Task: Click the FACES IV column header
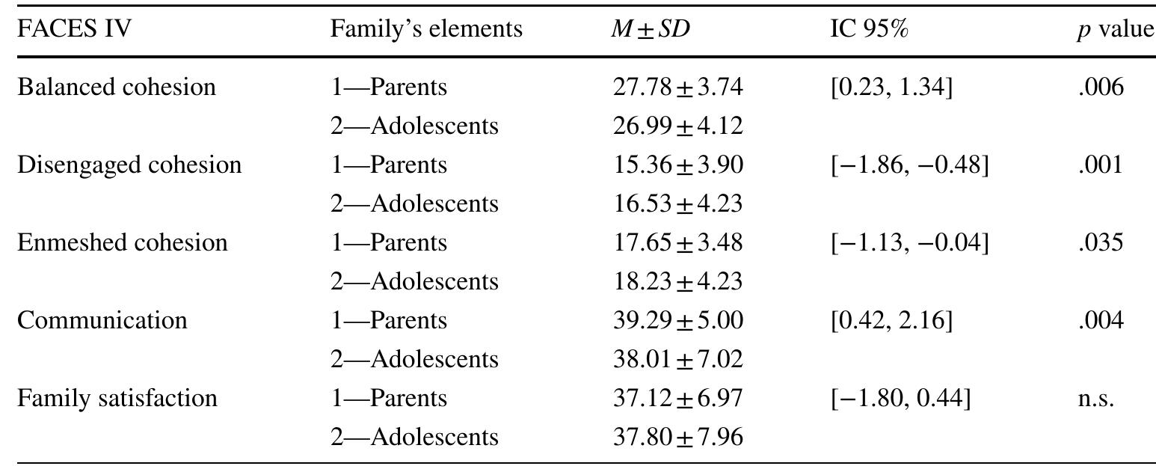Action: (x=75, y=29)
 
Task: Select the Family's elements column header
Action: (x=426, y=29)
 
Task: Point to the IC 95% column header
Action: (x=868, y=29)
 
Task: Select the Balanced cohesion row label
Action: (x=116, y=88)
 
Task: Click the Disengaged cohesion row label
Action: (x=129, y=165)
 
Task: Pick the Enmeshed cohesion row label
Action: (x=123, y=243)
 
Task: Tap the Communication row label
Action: (x=102, y=321)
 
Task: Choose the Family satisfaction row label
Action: (x=117, y=398)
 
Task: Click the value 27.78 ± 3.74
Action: (x=677, y=88)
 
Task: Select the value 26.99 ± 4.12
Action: (x=677, y=126)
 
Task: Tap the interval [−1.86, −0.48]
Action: (x=909, y=165)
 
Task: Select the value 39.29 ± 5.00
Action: (x=677, y=321)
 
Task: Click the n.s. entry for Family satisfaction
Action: (x=1096, y=399)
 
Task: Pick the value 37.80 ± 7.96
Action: (x=677, y=437)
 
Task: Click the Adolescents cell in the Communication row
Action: (x=414, y=360)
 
